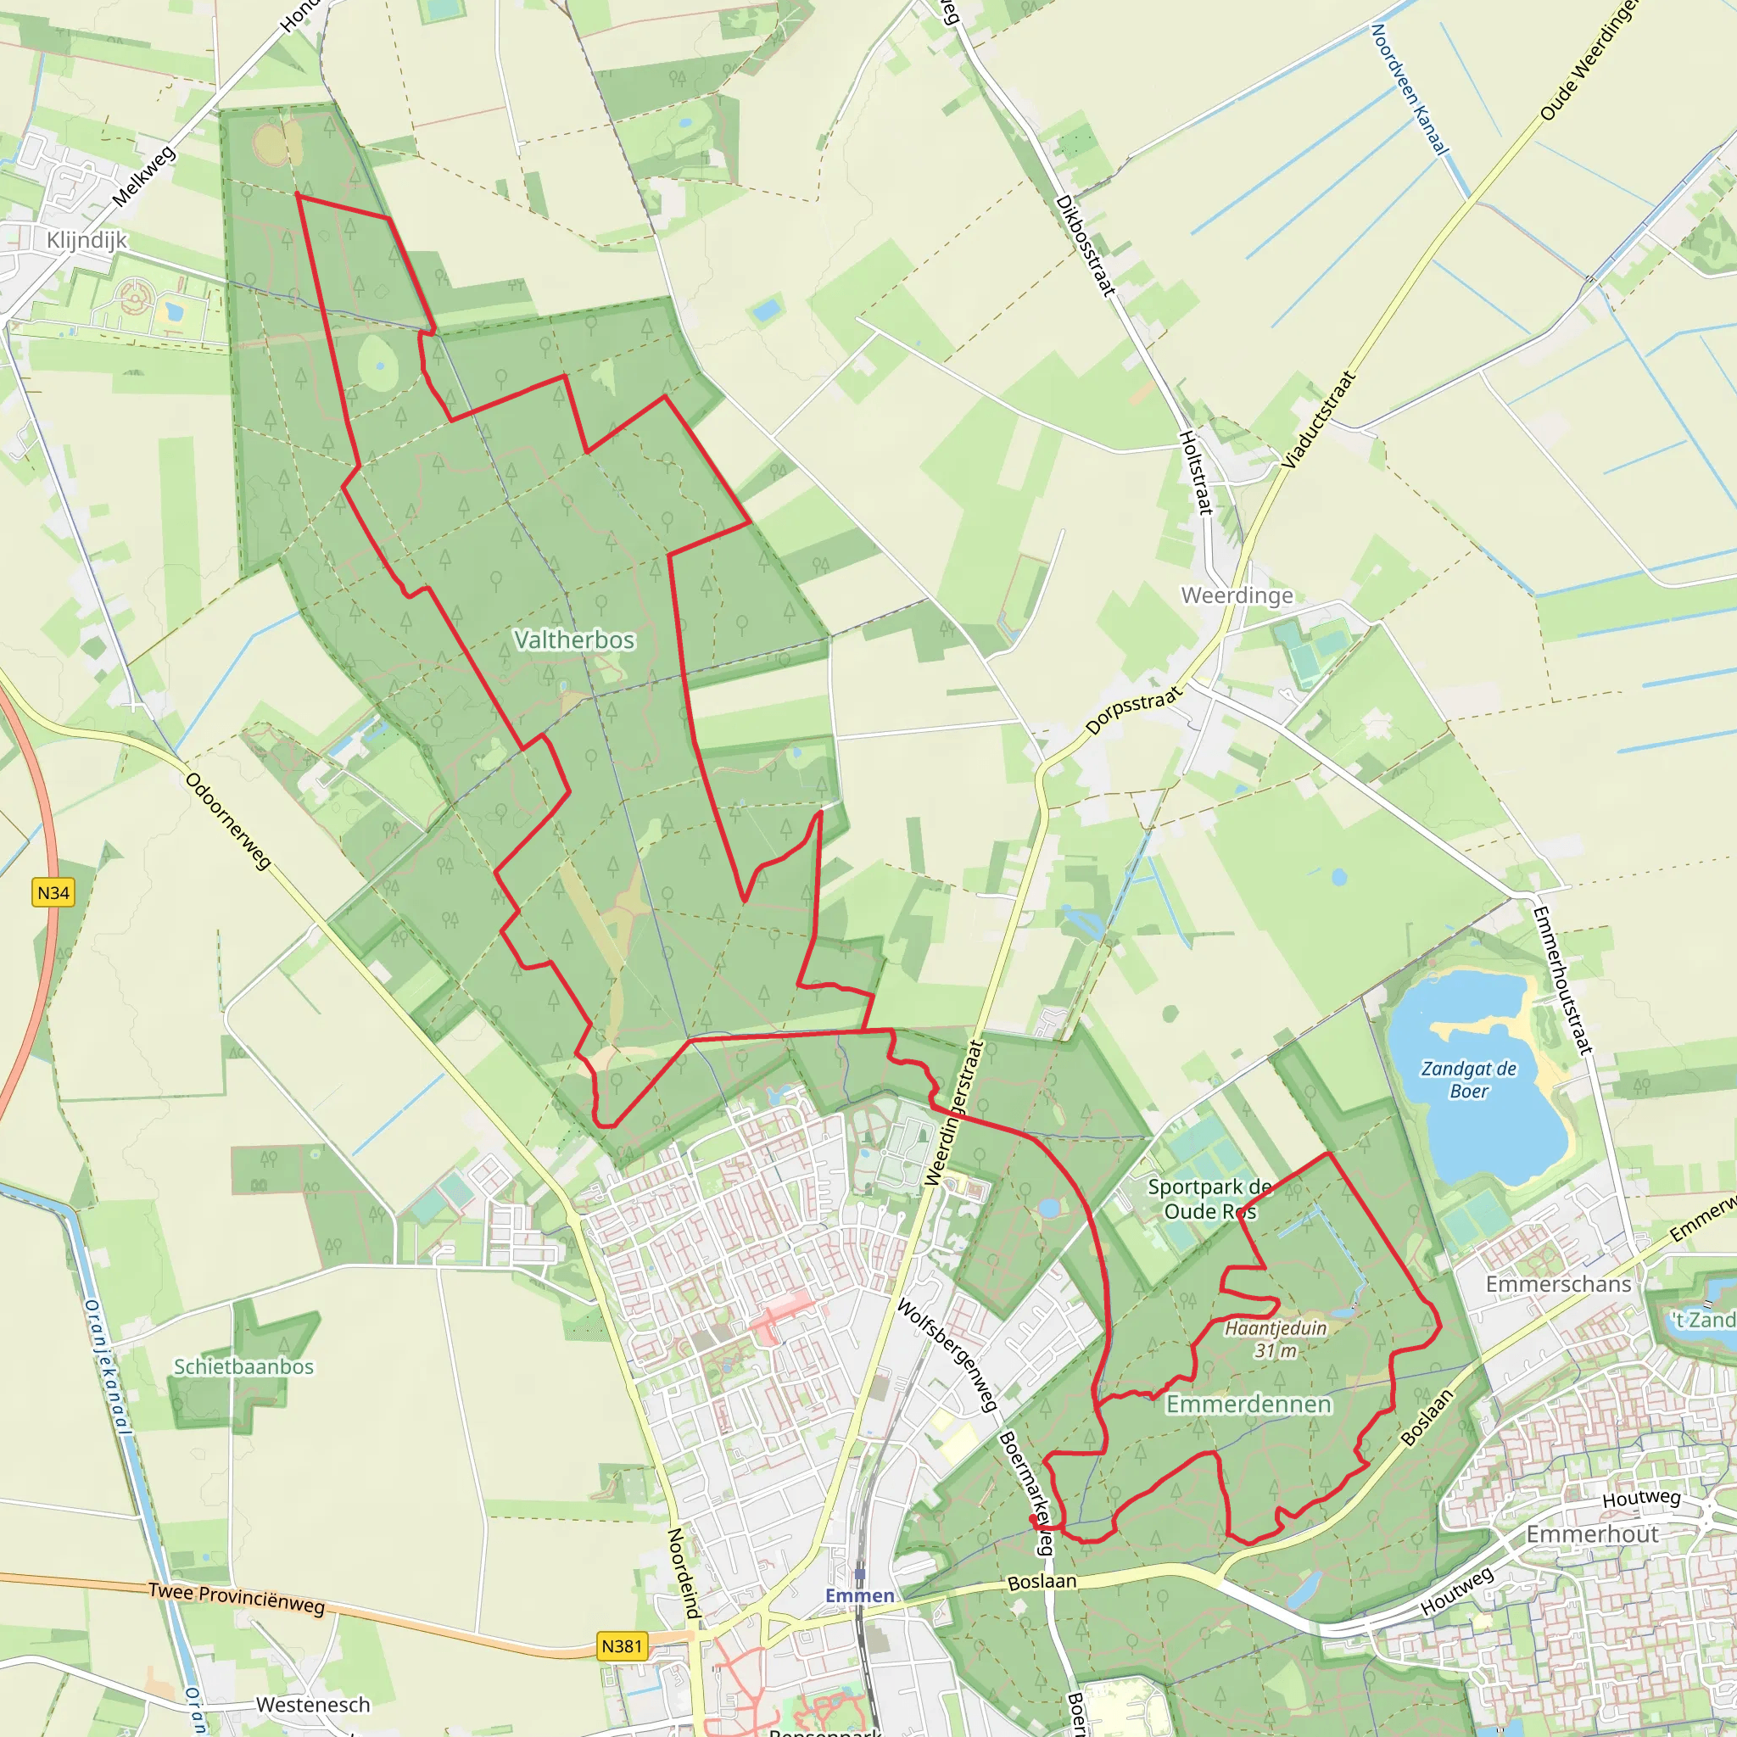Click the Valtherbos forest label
573,640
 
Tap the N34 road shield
53,893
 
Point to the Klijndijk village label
87,240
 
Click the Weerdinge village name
1237,595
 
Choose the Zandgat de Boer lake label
1468,1080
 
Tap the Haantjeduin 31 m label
1276,1338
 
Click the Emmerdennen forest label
1248,1404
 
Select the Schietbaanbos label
243,1366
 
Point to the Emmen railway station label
860,1595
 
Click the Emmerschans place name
1558,1284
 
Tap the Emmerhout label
1592,1533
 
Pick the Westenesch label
313,1705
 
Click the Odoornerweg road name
228,821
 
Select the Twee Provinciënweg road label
237,1600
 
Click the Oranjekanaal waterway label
107,1366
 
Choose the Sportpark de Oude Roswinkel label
1209,1198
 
